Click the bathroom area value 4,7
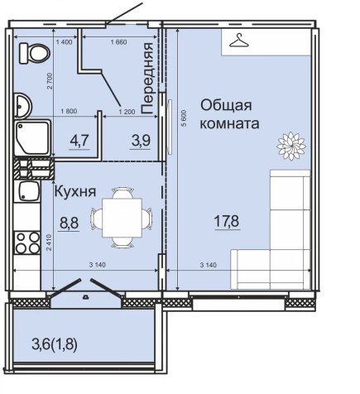tap(79, 140)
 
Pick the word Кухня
tap(73, 192)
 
